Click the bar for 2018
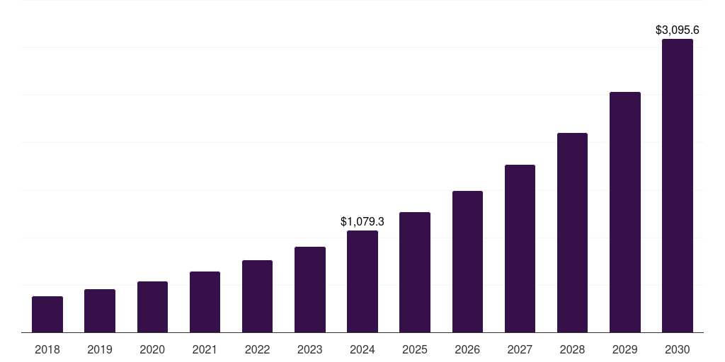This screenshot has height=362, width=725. click(x=47, y=315)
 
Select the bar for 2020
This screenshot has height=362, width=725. click(x=152, y=307)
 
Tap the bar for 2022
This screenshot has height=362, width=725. click(x=257, y=296)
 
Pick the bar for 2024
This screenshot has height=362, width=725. click(x=362, y=281)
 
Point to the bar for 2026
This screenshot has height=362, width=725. click(x=467, y=262)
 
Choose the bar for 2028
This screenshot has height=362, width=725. click(x=572, y=233)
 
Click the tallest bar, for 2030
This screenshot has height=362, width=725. click(x=678, y=186)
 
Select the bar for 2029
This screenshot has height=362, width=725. click(x=625, y=212)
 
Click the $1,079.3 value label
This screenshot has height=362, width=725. click(x=362, y=221)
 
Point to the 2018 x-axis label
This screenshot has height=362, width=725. click(x=47, y=349)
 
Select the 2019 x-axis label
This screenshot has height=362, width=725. click(x=100, y=349)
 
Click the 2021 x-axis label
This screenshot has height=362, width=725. click(x=205, y=349)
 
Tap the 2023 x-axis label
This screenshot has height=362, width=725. click(x=310, y=349)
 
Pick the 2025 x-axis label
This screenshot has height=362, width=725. click(x=415, y=349)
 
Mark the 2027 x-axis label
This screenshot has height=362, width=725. click(x=520, y=349)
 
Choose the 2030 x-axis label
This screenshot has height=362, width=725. click(x=678, y=349)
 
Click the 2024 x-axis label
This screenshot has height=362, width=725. click(x=362, y=349)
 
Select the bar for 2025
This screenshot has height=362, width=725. click(x=415, y=272)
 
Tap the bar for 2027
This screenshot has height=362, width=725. click(x=520, y=249)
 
